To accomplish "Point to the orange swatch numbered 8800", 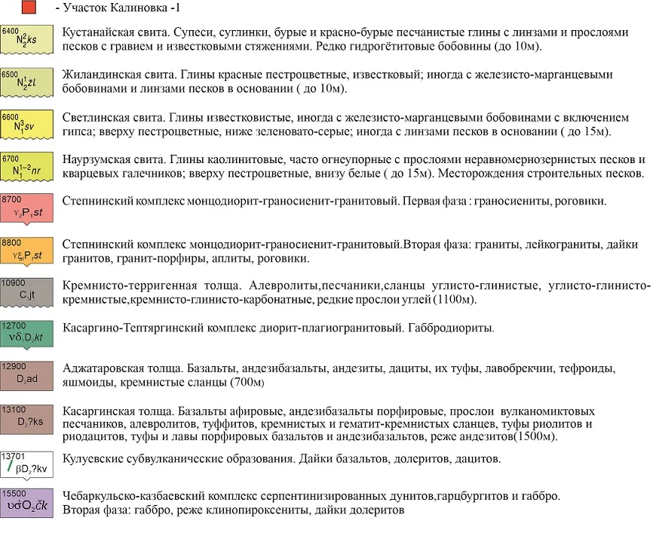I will (x=27, y=251).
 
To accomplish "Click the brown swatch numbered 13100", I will (x=27, y=420).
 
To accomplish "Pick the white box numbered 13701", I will (x=27, y=463).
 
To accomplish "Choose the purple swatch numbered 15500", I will (x=27, y=503).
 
